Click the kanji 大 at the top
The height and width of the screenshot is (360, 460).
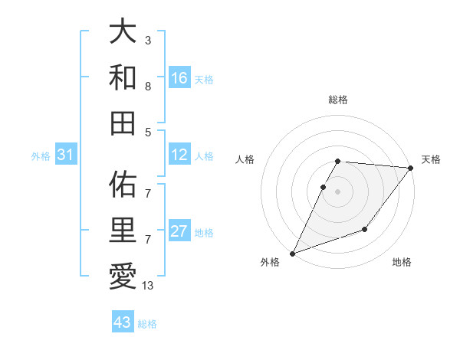click(x=122, y=33)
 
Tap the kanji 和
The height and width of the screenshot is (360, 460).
click(x=122, y=77)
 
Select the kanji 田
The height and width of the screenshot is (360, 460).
click(x=122, y=123)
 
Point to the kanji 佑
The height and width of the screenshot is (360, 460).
click(x=122, y=185)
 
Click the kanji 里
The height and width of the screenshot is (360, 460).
click(x=122, y=229)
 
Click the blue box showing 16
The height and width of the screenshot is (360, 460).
click(x=179, y=78)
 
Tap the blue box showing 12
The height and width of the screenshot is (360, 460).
click(x=179, y=155)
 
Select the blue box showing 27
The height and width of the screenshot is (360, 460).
click(x=179, y=232)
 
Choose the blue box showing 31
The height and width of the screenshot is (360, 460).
click(x=65, y=155)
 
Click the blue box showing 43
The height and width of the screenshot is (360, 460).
click(x=123, y=322)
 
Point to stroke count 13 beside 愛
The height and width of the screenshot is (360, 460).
click(x=148, y=286)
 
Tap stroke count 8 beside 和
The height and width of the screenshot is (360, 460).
click(x=147, y=87)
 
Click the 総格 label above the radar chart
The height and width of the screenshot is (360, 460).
click(x=337, y=100)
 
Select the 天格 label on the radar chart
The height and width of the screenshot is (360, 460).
click(x=431, y=159)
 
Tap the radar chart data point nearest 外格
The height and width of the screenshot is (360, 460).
click(x=292, y=253)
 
